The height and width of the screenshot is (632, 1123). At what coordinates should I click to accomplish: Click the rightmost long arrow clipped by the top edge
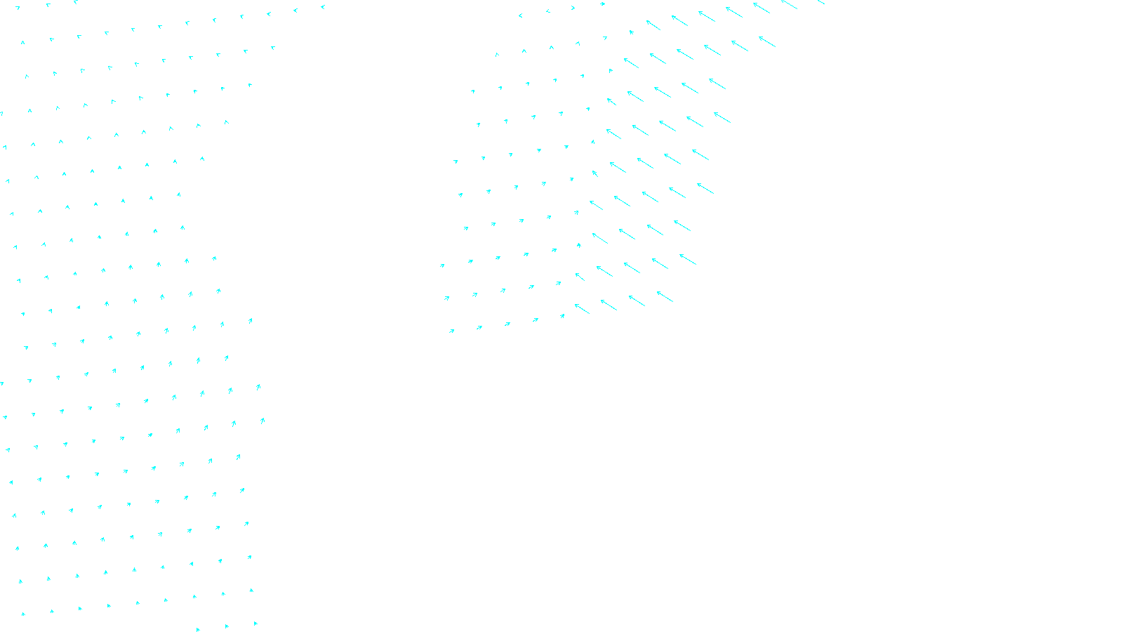[x=820, y=2]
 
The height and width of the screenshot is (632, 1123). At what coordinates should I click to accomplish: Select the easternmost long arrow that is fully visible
[x=767, y=41]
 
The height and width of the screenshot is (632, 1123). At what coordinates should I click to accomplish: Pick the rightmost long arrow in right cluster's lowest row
[x=665, y=296]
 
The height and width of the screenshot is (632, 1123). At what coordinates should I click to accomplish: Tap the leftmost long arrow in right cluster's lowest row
[x=582, y=308]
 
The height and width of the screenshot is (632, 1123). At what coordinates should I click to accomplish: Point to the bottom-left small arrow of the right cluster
[x=452, y=331]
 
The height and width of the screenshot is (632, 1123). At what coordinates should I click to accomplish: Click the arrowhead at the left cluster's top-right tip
[x=323, y=7]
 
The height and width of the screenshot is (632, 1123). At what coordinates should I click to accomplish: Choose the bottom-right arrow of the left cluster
[x=255, y=623]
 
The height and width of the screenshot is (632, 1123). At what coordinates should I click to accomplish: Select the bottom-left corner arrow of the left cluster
[x=23, y=614]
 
